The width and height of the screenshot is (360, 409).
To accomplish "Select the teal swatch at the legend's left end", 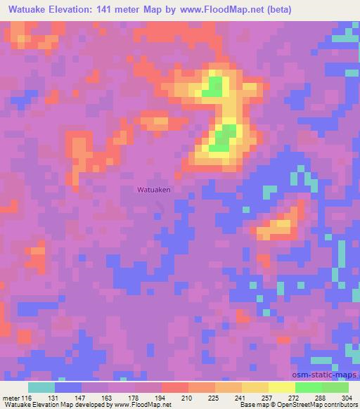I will [41, 387].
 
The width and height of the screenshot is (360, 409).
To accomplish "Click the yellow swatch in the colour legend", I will [281, 387].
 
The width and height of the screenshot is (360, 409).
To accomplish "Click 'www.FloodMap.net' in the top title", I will [220, 10].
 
